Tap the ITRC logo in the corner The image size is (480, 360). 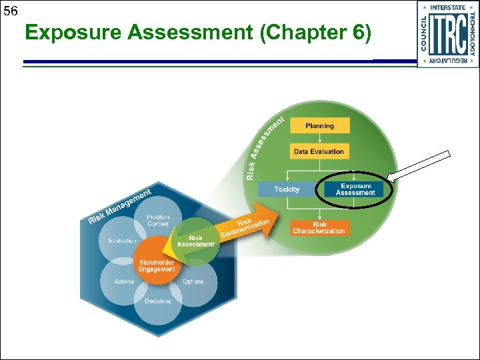(448, 34)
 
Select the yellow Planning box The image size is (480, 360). (319, 126)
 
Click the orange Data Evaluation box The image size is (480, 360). (319, 151)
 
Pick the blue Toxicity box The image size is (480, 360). (287, 189)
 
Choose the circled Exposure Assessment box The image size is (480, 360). (355, 189)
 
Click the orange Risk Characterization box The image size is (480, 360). (319, 227)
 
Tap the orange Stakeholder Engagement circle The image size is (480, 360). (157, 265)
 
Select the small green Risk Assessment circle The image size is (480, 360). (195, 241)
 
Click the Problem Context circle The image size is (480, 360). (158, 220)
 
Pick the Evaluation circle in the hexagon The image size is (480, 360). (123, 241)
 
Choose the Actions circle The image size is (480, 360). (124, 282)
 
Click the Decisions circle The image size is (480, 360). (158, 301)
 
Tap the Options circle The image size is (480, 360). (193, 282)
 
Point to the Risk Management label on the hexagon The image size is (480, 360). (119, 205)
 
